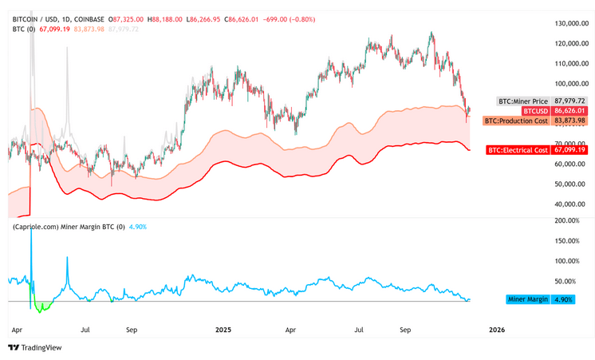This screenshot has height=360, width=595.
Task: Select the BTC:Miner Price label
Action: click(x=523, y=101)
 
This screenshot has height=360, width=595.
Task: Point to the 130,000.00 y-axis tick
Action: click(x=572, y=23)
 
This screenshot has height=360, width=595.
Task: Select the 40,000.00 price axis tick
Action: click(x=572, y=204)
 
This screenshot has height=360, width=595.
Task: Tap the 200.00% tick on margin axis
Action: click(x=568, y=220)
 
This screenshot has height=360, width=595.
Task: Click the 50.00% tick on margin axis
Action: click(x=570, y=281)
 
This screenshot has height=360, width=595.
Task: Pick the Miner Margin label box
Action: click(x=529, y=299)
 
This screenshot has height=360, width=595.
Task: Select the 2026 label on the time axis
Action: click(x=496, y=328)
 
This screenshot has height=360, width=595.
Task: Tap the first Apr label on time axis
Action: click(x=17, y=328)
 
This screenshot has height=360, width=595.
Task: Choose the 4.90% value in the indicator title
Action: click(x=137, y=227)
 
